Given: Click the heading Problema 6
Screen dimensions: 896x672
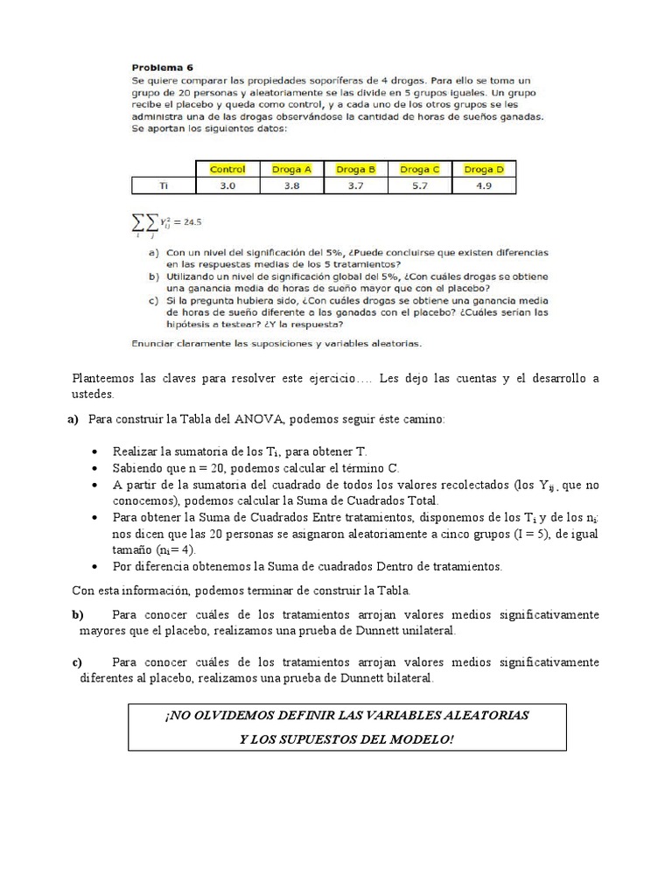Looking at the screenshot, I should [163, 66].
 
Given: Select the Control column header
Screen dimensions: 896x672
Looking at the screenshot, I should [227, 169].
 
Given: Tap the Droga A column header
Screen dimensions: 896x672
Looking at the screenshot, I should [291, 169].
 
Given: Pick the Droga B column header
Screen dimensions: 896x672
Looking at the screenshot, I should [356, 169].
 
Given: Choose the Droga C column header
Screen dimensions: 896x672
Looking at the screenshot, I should [420, 169].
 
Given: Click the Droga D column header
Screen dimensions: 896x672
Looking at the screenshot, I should [484, 169].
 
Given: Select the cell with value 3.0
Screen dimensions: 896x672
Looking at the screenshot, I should [227, 185].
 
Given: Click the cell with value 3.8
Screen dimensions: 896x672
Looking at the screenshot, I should [291, 185].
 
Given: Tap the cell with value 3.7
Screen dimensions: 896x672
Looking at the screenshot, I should [356, 185].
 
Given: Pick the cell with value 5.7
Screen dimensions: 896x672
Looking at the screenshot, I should [420, 185].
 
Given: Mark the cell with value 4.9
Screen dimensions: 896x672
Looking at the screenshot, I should [484, 185].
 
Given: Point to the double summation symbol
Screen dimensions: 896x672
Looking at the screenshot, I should [143, 222].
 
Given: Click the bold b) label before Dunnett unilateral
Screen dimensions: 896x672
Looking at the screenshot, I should [77, 615].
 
